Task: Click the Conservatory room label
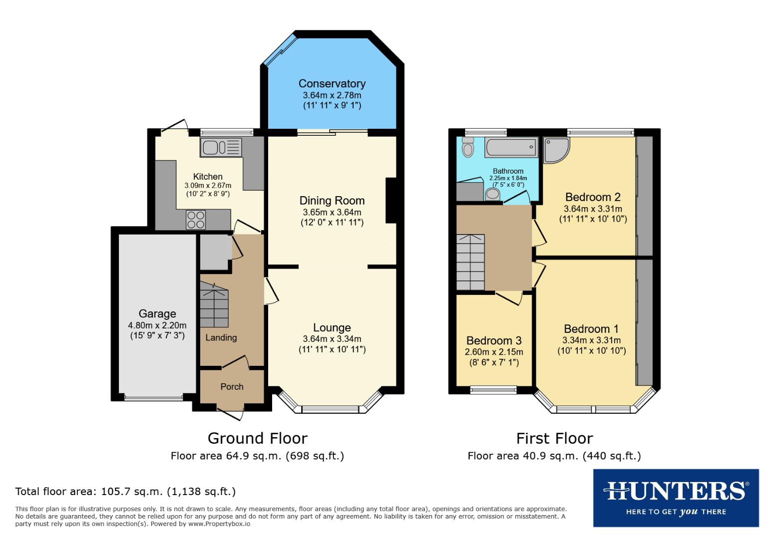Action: tap(332, 84)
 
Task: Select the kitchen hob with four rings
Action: tap(196, 220)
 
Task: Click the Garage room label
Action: tap(157, 314)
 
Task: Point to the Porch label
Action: tap(232, 387)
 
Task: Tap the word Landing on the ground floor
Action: tap(221, 338)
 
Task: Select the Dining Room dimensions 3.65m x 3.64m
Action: tap(332, 212)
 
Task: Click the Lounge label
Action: tap(332, 328)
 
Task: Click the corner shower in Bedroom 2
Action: tap(555, 149)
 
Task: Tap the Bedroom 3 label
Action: tap(494, 340)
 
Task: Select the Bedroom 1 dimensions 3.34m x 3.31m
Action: tap(591, 340)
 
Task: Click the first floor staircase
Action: tap(470, 262)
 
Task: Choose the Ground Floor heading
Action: tap(257, 438)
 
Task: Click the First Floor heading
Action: tap(554, 438)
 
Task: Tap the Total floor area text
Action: tap(125, 492)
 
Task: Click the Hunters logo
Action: tap(676, 498)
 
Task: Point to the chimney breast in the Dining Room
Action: tap(391, 201)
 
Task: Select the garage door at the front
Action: tap(154, 398)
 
